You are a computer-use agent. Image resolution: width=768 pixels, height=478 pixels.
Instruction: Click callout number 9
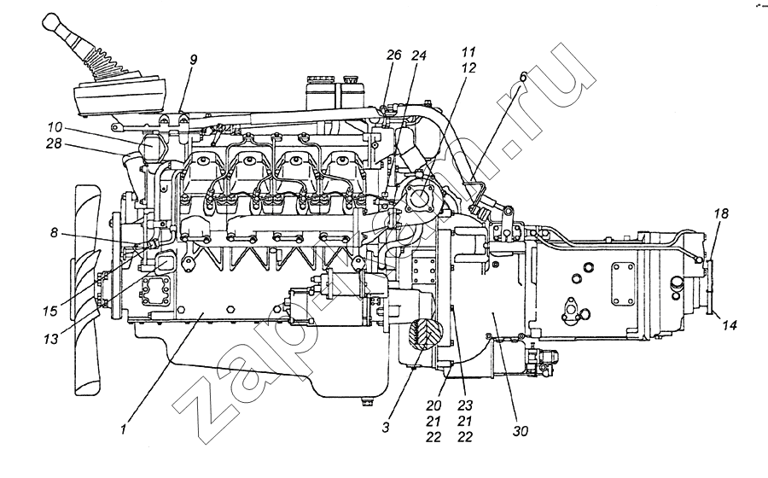point(194,61)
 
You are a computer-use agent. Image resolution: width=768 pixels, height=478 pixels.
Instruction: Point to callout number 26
point(393,55)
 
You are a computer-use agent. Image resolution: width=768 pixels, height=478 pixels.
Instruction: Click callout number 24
point(419,55)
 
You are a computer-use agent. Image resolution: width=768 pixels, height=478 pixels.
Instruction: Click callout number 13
point(53,338)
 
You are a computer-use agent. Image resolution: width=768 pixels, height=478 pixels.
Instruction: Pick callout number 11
point(469,52)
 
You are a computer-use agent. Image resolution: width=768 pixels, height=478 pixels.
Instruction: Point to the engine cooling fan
point(85,290)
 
